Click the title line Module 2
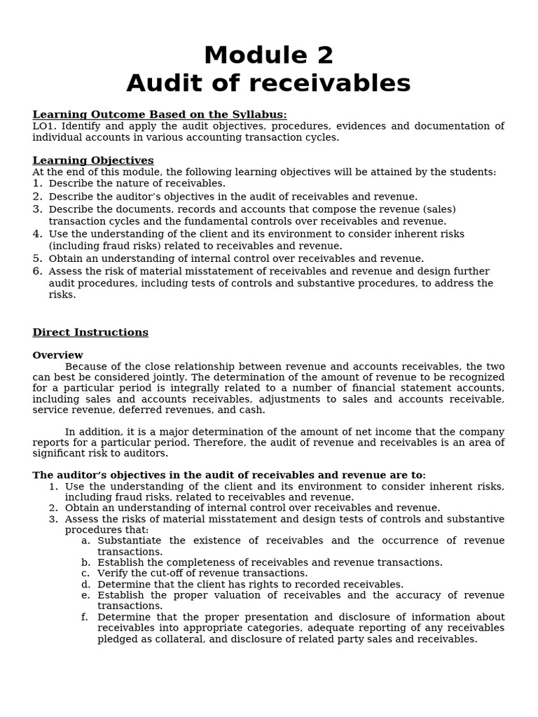tap(268, 55)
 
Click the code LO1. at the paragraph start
tap(46, 126)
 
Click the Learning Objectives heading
tap(92, 160)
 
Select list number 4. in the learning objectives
tap(38, 234)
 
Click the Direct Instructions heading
tap(90, 333)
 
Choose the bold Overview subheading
tap(57, 355)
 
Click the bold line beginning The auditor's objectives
tap(228, 475)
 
